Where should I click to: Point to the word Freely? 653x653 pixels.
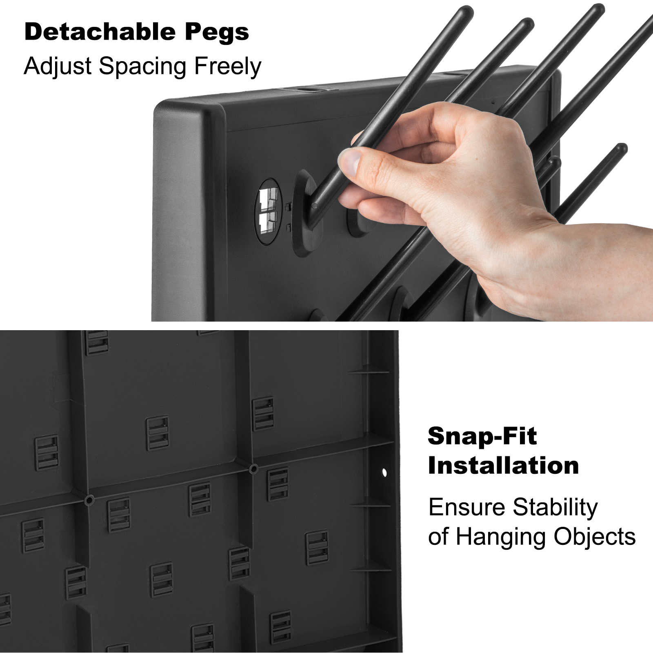[227, 67]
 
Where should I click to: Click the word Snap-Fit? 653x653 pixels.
[482, 436]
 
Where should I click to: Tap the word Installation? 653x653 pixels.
[503, 466]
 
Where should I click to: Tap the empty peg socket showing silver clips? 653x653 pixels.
[268, 211]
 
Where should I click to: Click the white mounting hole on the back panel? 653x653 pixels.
[384, 473]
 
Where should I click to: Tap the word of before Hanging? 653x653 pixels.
[438, 537]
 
